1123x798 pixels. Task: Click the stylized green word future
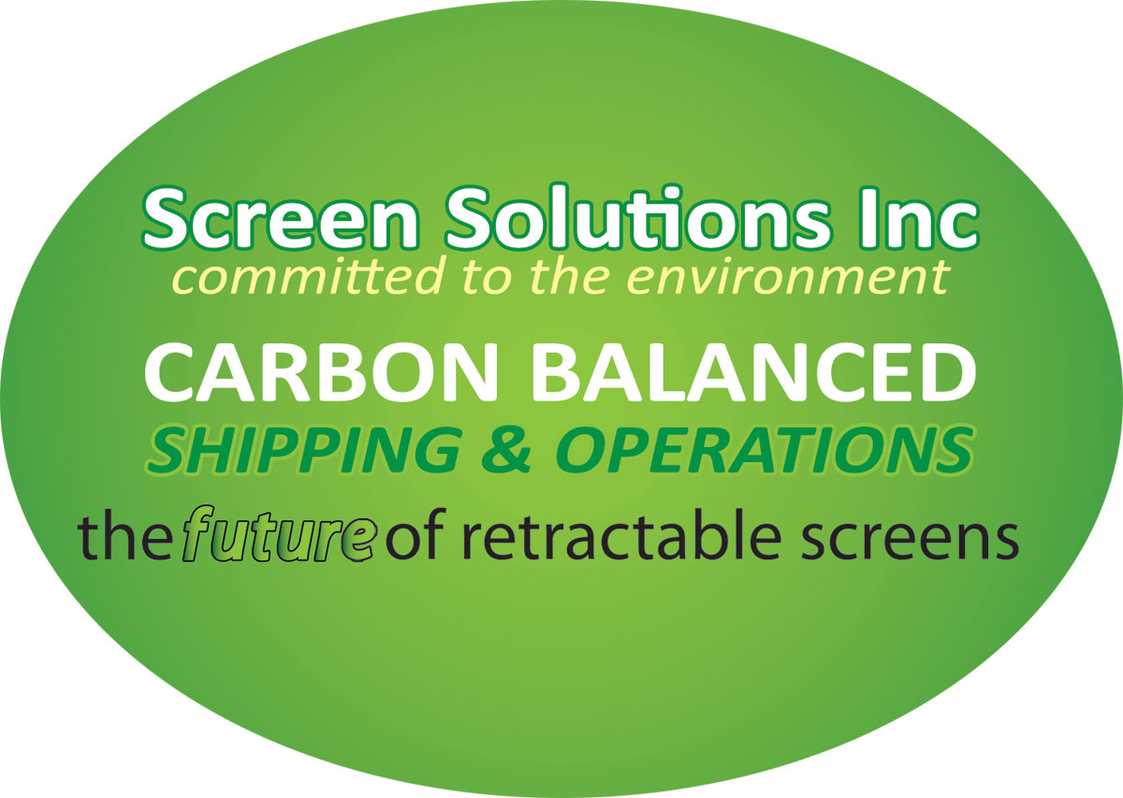coord(277,535)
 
